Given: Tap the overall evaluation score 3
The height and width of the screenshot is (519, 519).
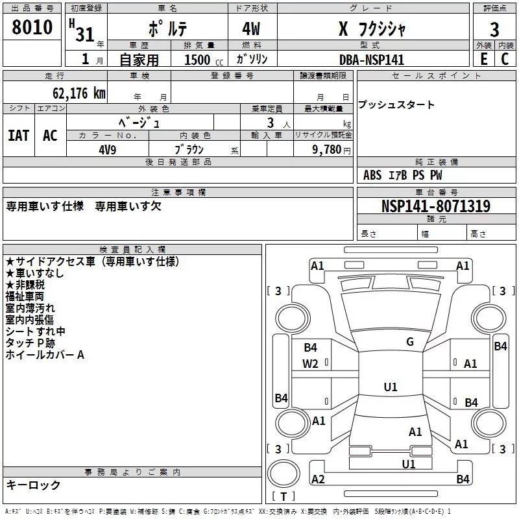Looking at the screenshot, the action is (x=494, y=30).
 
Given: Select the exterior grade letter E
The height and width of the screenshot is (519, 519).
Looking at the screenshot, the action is (x=483, y=59).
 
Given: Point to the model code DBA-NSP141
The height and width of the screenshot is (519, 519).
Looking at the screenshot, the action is (x=372, y=60).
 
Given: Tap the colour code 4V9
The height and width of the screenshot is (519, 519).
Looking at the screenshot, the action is (x=107, y=149).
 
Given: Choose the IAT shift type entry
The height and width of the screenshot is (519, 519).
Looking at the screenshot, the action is (x=19, y=136).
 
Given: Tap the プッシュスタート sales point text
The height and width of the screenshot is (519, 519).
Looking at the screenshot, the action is (x=396, y=105).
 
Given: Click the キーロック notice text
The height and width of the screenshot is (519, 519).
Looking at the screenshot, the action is (x=34, y=485).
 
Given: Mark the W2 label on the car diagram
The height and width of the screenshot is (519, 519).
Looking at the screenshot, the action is (x=311, y=364).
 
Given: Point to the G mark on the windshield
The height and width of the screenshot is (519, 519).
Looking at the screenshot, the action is (x=409, y=342).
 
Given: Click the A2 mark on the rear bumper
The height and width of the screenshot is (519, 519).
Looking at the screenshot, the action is (x=318, y=479).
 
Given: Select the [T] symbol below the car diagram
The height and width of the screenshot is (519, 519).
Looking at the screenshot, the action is (x=283, y=497).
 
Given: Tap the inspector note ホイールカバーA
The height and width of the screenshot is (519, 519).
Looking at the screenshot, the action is (x=45, y=356).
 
